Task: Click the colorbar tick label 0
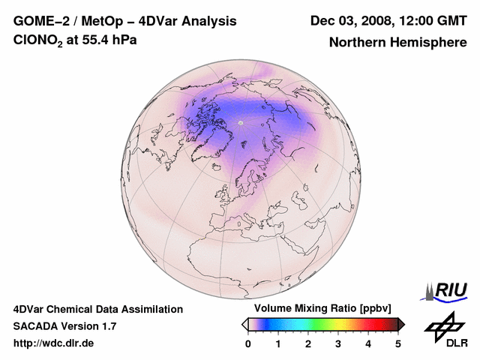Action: click(x=248, y=343)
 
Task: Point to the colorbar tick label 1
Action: click(x=278, y=343)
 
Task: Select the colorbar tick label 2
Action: click(x=308, y=343)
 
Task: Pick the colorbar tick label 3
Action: click(x=338, y=343)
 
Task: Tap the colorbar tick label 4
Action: click(x=368, y=343)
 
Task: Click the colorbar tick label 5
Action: click(x=398, y=343)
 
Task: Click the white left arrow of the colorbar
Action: click(x=244, y=324)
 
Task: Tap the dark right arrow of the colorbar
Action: click(x=401, y=324)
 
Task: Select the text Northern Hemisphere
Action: click(x=397, y=43)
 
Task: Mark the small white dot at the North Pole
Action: click(x=241, y=121)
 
